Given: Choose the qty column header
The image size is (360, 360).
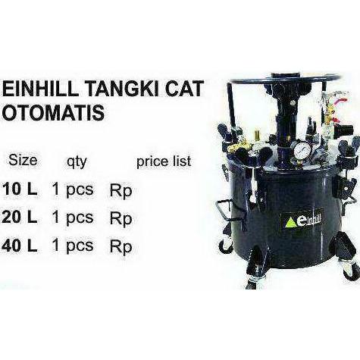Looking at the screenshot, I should pos(77,161).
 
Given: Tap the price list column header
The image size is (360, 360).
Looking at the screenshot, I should pos(163,161).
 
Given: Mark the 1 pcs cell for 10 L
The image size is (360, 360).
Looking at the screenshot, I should pos(73,189).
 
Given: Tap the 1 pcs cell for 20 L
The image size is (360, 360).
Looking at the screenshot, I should pos(73,218).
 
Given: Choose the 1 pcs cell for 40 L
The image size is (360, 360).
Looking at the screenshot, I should pos(73,246).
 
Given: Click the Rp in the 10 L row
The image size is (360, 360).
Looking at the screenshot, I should pos(121,190).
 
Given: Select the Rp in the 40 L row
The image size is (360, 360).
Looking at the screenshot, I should pos(121,247).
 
